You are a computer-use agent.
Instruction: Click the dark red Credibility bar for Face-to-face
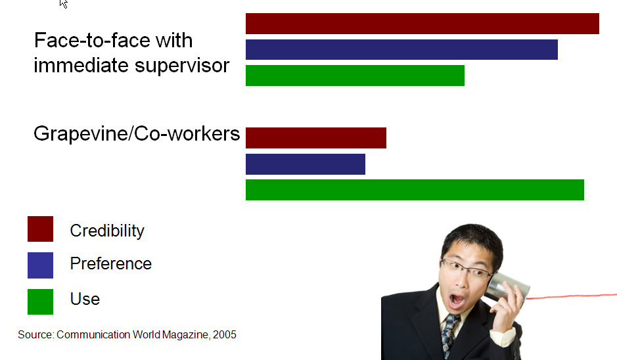423,24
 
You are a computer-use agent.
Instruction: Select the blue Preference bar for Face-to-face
401,49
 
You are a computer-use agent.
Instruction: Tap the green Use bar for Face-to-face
355,76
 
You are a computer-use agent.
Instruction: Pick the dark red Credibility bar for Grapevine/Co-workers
316,138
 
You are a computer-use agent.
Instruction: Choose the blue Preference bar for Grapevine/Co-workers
306,164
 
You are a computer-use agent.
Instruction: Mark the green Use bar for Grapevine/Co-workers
415,190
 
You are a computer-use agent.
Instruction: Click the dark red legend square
40,229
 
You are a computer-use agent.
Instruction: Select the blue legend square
40,265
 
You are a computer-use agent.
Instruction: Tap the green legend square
40,302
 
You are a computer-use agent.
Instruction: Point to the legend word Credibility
107,231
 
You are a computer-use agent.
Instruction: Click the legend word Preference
110,263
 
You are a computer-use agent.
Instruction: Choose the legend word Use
85,299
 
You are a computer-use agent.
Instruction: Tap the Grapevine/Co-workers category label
137,134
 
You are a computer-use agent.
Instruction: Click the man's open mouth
457,301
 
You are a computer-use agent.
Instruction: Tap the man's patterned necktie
449,335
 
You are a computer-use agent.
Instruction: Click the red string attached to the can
572,296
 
